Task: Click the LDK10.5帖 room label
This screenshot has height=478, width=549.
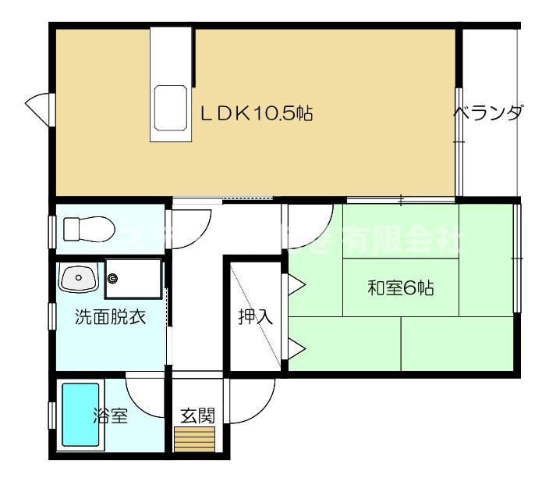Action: click(x=257, y=114)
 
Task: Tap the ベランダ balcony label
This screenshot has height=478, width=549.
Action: click(x=489, y=114)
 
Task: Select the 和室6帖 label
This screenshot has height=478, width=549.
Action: click(x=401, y=287)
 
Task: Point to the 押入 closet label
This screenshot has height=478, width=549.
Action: click(x=256, y=317)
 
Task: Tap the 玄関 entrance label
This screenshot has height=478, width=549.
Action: click(x=197, y=415)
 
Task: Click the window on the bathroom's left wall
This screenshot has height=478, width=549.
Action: click(x=51, y=415)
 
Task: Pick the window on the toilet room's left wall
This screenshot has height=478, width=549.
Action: click(x=51, y=229)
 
